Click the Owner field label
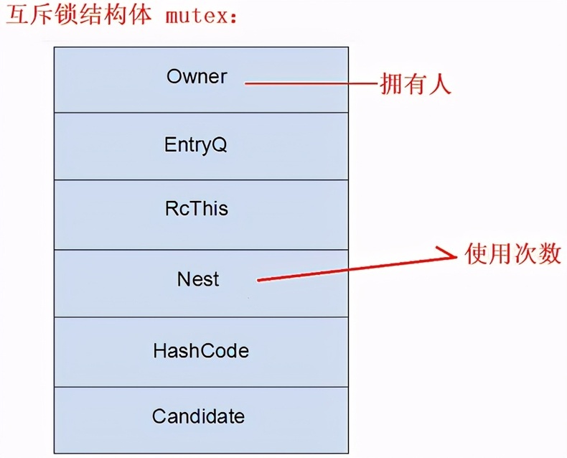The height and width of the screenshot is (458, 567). [x=197, y=76]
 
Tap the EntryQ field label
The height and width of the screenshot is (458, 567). [x=196, y=145]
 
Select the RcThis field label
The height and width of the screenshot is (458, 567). [x=197, y=209]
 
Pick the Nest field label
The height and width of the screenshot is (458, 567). [x=198, y=279]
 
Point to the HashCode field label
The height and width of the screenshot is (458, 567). [x=201, y=350]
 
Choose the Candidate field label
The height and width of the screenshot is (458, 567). [x=198, y=416]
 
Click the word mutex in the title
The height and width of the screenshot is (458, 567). [x=196, y=17]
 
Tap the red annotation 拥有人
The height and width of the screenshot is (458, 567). [x=416, y=84]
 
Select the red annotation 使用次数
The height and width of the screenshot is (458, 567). [x=512, y=253]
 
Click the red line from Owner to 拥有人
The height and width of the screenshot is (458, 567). [x=311, y=83]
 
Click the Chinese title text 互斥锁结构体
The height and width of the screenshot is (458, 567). [x=79, y=15]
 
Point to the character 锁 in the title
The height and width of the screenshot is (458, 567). [x=67, y=15]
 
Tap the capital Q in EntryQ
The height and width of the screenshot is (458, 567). [x=219, y=145]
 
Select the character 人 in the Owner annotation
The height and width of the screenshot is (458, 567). [x=440, y=84]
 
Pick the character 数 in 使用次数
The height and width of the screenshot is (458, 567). [x=550, y=253]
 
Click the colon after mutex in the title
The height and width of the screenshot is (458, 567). [x=233, y=18]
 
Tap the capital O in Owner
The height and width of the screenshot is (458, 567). [x=174, y=76]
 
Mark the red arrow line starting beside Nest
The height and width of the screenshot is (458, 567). [x=357, y=268]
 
